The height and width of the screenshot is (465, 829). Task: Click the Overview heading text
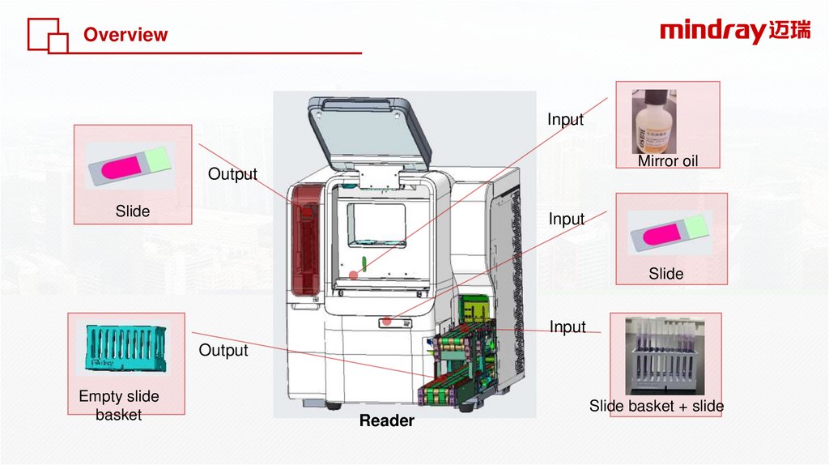[125, 35]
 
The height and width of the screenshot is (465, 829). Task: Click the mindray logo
[734, 32]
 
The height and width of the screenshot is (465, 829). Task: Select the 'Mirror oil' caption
[667, 161]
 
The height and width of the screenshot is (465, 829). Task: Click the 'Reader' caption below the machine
[386, 420]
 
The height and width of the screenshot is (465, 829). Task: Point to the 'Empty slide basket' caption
[118, 405]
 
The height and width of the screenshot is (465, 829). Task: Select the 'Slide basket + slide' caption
[656, 406]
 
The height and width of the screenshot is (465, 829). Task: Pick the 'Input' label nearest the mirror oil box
[565, 120]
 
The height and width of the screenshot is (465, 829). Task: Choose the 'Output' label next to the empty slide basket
[223, 350]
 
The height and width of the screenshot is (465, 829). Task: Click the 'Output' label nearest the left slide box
[232, 174]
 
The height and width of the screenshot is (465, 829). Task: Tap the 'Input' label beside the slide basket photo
[568, 326]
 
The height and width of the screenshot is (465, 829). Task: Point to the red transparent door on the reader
[306, 239]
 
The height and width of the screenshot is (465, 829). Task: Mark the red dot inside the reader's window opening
[353, 275]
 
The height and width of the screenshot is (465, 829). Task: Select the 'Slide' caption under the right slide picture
[665, 274]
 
